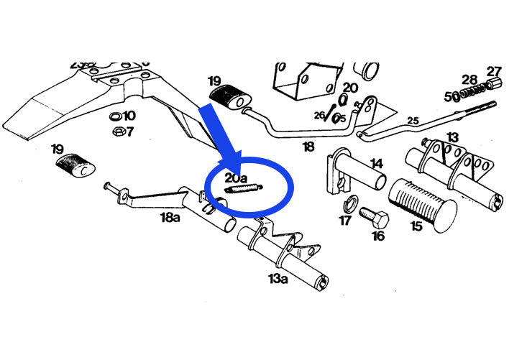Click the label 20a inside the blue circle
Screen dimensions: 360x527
point(237,177)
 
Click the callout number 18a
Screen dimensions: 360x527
point(170,217)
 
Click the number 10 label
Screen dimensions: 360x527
point(129,116)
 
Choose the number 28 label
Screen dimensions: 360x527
point(469,79)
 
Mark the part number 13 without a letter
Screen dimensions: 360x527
point(452,137)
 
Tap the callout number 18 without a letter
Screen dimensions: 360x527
point(308,147)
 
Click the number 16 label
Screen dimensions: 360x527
point(378,236)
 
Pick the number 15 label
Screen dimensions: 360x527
point(416,226)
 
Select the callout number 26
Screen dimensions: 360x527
point(319,115)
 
